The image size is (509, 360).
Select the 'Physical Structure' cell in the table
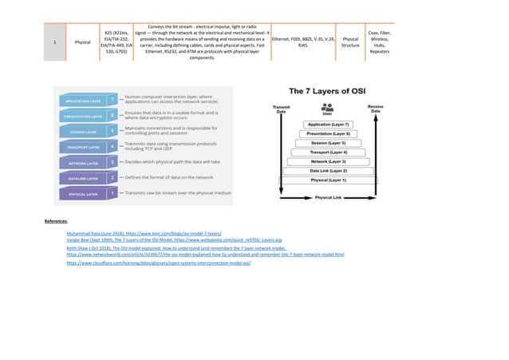(349, 42)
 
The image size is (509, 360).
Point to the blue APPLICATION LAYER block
(83, 101)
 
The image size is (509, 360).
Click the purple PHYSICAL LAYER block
(83, 193)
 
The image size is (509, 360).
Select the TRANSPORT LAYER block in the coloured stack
(83, 147)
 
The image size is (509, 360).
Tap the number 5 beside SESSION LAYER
(113, 129)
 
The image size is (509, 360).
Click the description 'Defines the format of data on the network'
(168, 177)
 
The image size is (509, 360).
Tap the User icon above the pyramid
(327, 108)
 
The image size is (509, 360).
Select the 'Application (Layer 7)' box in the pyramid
(327, 125)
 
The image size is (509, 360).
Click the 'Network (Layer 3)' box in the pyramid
(327, 160)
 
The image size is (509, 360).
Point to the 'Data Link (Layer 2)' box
(327, 170)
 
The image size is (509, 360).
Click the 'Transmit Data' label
(281, 109)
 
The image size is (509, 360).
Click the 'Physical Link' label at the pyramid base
(328, 196)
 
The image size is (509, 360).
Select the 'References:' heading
(56, 219)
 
